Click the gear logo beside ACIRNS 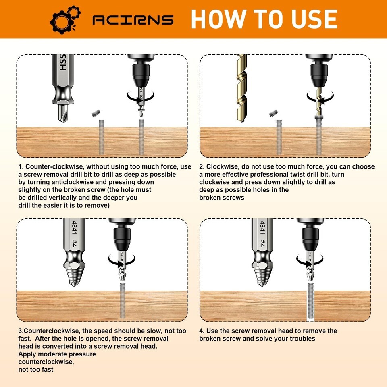coord(65,20)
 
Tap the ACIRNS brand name coord(133,20)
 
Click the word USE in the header coord(314,19)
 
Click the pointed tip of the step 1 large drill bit coord(63,121)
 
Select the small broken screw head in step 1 coord(96,113)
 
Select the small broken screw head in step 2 coord(273,113)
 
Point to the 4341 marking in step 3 coord(74,227)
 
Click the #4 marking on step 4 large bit coord(262,243)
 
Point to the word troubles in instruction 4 coord(302,338)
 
